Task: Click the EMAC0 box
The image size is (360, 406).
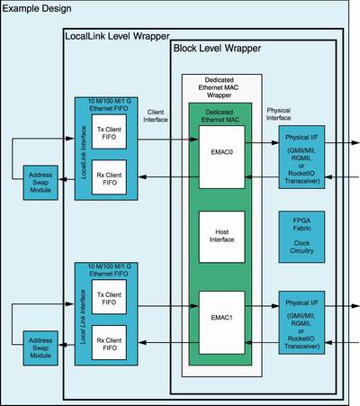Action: pyautogui.click(x=221, y=157)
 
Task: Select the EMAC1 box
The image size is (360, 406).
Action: pyautogui.click(x=221, y=322)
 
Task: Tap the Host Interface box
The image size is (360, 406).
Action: pyautogui.click(x=221, y=237)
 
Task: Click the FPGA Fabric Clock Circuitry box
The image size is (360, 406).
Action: pyautogui.click(x=301, y=237)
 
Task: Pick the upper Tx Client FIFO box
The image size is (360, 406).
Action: pyautogui.click(x=109, y=131)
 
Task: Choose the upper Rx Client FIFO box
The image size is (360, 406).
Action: pyautogui.click(x=109, y=177)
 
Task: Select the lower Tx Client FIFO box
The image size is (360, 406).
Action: pyautogui.click(x=109, y=297)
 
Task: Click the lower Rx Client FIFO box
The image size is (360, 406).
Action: pyautogui.click(x=109, y=343)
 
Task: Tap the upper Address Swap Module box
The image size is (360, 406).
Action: pyautogui.click(x=40, y=183)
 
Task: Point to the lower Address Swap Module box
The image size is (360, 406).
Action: pyautogui.click(x=40, y=348)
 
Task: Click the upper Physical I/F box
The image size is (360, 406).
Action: pyautogui.click(x=301, y=157)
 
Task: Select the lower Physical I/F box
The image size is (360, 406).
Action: pyautogui.click(x=301, y=322)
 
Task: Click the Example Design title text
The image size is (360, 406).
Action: pyautogui.click(x=37, y=8)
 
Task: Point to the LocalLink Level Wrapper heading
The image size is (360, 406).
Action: pyautogui.click(x=117, y=36)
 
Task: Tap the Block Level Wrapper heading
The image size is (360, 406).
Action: pyautogui.click(x=217, y=49)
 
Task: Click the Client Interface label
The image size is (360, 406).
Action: pyautogui.click(x=156, y=116)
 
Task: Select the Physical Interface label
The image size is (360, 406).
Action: pyautogui.click(x=278, y=114)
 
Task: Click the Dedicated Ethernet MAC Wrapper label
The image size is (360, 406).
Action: pyautogui.click(x=219, y=87)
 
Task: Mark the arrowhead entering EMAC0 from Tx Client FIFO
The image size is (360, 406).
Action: pyautogui.click(x=194, y=139)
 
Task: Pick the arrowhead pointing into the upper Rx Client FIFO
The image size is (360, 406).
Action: pyautogui.click(x=142, y=177)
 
